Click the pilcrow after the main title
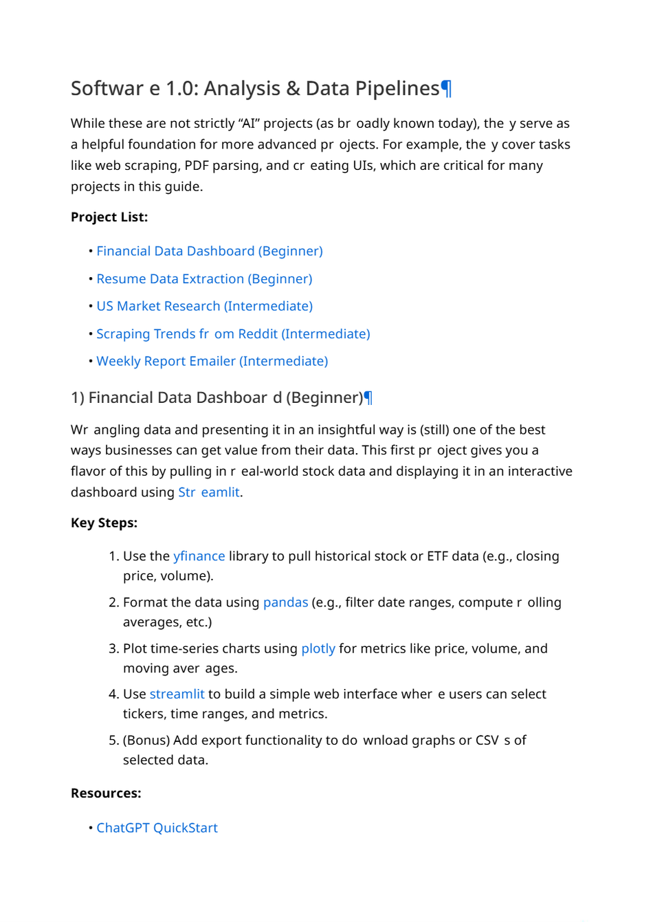tap(446, 89)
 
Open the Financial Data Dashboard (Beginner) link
tap(209, 251)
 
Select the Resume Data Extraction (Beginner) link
tap(204, 278)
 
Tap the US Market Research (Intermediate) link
tap(204, 306)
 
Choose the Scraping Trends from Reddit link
tap(233, 333)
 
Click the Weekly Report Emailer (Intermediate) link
tap(212, 361)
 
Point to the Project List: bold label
tap(109, 217)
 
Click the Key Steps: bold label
tap(104, 523)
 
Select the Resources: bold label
tap(106, 793)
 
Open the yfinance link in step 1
tap(199, 556)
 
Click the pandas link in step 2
tap(285, 602)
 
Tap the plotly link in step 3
tap(318, 648)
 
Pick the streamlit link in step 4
tap(177, 694)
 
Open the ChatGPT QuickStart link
tap(157, 828)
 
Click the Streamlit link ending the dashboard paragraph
tap(209, 492)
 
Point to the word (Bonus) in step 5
tap(146, 740)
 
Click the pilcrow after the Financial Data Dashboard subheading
tap(368, 397)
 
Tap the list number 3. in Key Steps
tap(114, 648)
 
